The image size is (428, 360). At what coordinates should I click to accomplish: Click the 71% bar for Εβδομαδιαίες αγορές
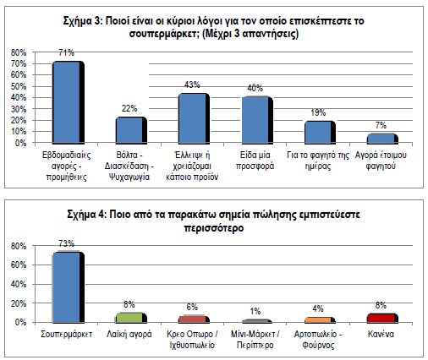68,102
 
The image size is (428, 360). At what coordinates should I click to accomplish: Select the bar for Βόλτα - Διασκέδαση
130,130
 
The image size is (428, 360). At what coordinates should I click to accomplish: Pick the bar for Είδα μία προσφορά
255,119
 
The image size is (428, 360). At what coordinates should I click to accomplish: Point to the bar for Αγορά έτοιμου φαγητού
381,139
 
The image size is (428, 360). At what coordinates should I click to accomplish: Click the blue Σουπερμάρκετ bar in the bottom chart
68,287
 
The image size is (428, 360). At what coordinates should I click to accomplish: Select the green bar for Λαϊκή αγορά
130,318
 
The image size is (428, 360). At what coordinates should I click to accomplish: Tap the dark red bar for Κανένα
381,318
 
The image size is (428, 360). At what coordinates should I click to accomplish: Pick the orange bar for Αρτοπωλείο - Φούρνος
318,320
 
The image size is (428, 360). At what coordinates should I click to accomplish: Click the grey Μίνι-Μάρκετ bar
255,322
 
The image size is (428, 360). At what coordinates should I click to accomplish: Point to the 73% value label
69,245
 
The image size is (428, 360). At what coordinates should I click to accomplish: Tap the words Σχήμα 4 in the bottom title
102,215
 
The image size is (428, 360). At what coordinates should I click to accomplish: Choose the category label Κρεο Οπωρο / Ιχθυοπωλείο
194,340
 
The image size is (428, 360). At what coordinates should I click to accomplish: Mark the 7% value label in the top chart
381,127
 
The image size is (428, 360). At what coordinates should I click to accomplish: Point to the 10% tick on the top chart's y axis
16,133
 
